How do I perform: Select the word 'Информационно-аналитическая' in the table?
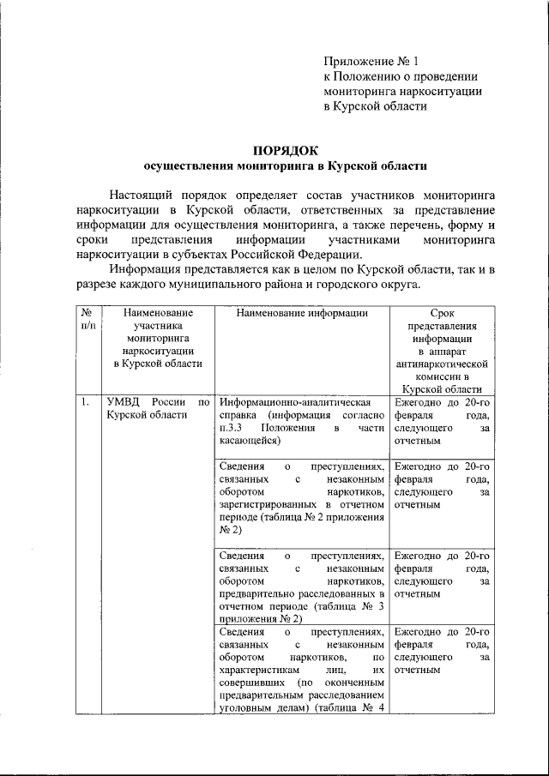[294, 401]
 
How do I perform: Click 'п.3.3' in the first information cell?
[232, 428]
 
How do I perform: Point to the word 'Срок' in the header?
[441, 314]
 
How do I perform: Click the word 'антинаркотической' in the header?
[441, 363]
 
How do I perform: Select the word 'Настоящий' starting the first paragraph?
[138, 196]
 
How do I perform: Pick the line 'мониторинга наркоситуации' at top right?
[401, 91]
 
